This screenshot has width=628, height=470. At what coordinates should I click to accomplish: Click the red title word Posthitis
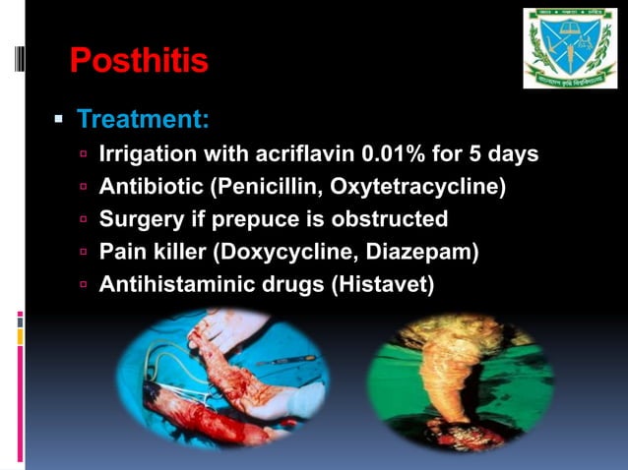click(139, 61)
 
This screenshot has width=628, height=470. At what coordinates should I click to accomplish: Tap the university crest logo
click(569, 48)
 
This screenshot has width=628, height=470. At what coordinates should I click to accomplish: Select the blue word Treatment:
click(143, 120)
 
